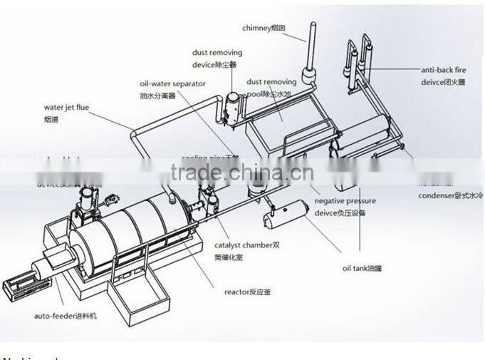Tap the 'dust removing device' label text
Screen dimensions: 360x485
tap(217, 58)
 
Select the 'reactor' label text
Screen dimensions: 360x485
tap(247, 292)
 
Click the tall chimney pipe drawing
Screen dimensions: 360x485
tap(313, 43)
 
